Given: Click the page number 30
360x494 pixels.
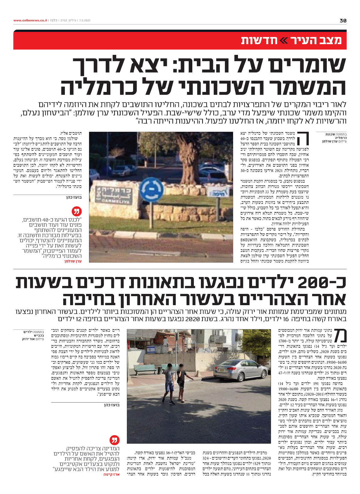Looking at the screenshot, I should (x=343, y=21).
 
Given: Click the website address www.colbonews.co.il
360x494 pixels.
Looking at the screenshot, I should (x=30, y=21).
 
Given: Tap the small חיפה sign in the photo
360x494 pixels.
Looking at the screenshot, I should (x=219, y=191).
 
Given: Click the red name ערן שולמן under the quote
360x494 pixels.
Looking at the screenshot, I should (x=73, y=261).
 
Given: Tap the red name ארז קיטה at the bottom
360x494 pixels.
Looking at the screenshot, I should (x=111, y=475).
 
